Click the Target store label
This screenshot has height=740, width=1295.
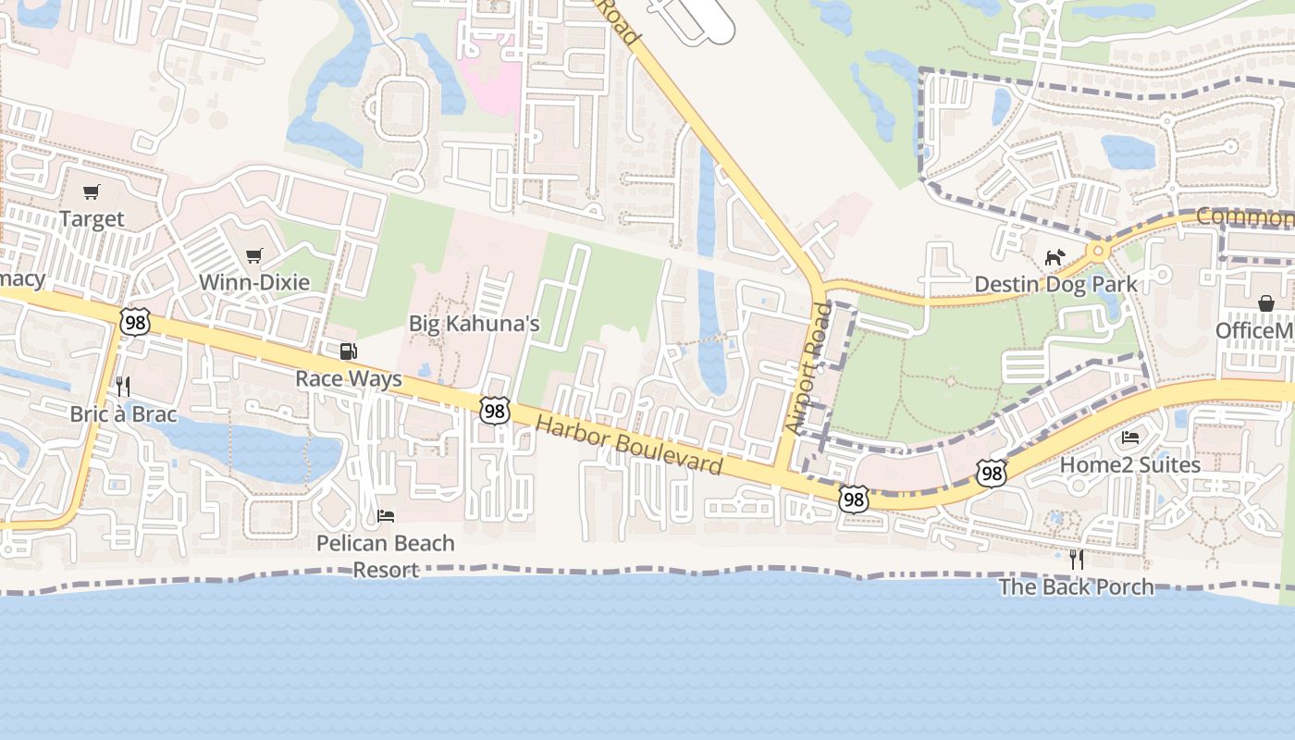(x=92, y=219)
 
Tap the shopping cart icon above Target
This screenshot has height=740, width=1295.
(x=91, y=192)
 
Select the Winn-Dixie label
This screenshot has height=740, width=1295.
(x=254, y=282)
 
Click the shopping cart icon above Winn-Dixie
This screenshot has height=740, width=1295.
(x=254, y=255)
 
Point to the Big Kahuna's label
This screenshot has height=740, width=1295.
(x=474, y=324)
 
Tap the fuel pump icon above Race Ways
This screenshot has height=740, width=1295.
(x=349, y=351)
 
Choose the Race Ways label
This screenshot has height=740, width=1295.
(x=349, y=379)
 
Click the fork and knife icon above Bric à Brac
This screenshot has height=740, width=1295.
(x=123, y=386)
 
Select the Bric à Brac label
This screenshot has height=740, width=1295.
(x=123, y=413)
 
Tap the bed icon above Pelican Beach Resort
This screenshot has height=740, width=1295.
(x=386, y=515)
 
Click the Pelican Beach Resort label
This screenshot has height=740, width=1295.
(x=386, y=555)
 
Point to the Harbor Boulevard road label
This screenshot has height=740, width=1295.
(x=629, y=445)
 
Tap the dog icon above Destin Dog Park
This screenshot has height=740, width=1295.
(x=1055, y=257)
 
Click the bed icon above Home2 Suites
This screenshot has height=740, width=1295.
(x=1129, y=438)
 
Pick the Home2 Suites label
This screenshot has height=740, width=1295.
(x=1129, y=464)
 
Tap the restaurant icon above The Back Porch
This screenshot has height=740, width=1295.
(x=1076, y=559)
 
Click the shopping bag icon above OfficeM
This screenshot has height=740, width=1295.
(x=1265, y=303)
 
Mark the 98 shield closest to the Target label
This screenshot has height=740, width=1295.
(x=135, y=322)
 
